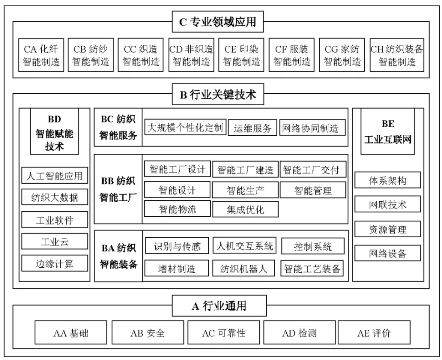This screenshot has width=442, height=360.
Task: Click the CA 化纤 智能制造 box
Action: [x=41, y=55]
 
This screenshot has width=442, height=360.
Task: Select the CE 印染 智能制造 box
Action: [x=242, y=55]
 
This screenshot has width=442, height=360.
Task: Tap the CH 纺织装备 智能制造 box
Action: [x=397, y=55]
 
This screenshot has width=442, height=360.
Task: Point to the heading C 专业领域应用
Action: [x=218, y=22]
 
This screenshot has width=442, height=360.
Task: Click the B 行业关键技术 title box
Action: [x=218, y=94]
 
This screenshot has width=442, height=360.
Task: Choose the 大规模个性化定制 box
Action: [x=185, y=127]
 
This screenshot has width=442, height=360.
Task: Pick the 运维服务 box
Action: [x=252, y=128]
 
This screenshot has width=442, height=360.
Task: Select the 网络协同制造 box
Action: [x=313, y=128]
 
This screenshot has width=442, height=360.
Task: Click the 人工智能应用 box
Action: [x=54, y=175]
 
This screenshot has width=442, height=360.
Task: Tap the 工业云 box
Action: [x=54, y=241]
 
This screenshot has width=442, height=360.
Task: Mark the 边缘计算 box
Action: [x=54, y=263]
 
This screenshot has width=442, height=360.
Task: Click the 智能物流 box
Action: [x=177, y=209]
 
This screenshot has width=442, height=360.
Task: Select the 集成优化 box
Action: [x=245, y=209]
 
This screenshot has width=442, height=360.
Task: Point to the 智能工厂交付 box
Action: [x=313, y=169]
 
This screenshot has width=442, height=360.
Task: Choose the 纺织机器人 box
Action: [x=243, y=268]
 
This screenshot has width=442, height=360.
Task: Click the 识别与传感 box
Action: [x=177, y=246]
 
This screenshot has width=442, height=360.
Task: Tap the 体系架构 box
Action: [x=388, y=180]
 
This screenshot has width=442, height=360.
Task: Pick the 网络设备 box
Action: [x=388, y=253]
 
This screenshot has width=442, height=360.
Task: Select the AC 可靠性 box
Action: [x=224, y=332]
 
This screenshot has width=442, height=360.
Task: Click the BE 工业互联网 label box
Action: [x=388, y=131]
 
